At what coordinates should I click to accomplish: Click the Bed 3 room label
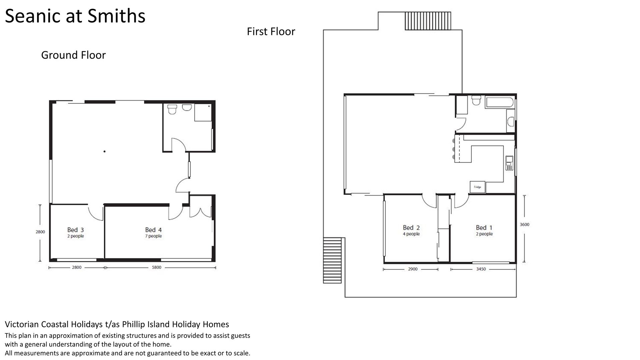click(x=75, y=230)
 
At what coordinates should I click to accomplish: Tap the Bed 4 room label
click(x=153, y=230)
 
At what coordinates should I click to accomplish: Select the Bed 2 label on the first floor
click(x=411, y=228)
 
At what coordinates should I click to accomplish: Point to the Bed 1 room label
click(x=484, y=228)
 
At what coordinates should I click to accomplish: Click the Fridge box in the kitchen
click(x=478, y=187)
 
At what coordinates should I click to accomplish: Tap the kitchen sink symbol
click(x=509, y=163)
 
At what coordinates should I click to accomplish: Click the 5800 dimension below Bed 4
click(x=156, y=267)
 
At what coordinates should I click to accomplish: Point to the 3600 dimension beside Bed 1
click(x=524, y=224)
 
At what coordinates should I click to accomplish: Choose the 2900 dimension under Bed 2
click(x=413, y=269)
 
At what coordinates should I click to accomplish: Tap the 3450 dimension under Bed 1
click(x=481, y=269)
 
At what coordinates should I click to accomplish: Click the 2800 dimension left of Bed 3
click(x=40, y=232)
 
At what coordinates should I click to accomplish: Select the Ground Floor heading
click(x=73, y=55)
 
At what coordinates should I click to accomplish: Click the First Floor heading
click(x=271, y=31)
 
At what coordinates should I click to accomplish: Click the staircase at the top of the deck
click(x=428, y=21)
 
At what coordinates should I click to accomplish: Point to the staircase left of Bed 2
click(x=332, y=260)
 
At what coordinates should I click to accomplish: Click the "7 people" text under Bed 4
click(x=153, y=236)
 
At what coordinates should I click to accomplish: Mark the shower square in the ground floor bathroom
click(x=203, y=112)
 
